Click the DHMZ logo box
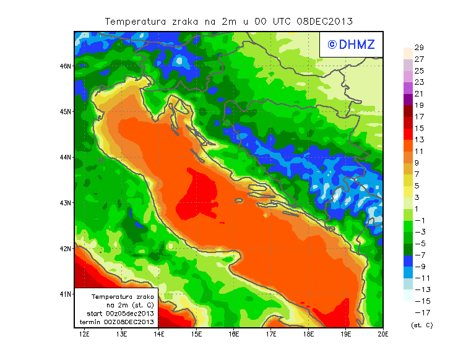351,44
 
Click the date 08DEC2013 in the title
325,21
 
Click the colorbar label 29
419,48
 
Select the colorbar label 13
419,140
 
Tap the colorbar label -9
419,266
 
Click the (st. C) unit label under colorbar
421,325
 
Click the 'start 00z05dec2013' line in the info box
117,314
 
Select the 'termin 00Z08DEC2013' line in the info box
117,322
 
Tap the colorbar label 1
419,208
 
